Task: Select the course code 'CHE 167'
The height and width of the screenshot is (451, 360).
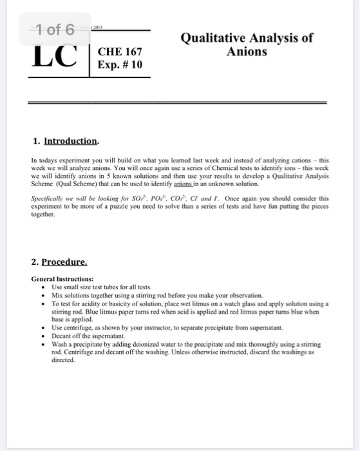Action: tap(120, 52)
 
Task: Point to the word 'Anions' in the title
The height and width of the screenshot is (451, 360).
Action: tap(247, 51)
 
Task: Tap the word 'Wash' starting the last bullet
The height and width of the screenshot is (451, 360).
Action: tap(59, 345)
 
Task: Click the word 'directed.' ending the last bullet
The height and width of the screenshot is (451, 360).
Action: tap(62, 361)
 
